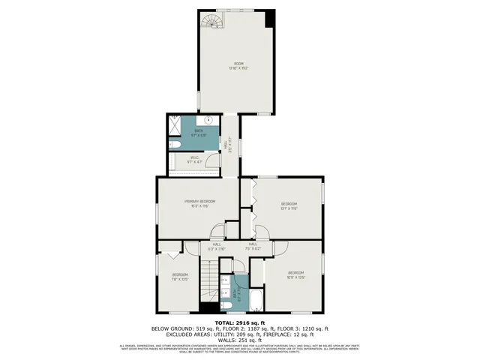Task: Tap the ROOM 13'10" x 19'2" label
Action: pyautogui.click(x=238, y=66)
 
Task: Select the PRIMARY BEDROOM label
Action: pyautogui.click(x=200, y=203)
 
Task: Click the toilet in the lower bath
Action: pyautogui.click(x=225, y=305)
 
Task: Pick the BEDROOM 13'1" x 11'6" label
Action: pyautogui.click(x=289, y=205)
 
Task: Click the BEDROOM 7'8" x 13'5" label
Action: pyautogui.click(x=180, y=277)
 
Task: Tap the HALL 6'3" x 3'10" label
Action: pyautogui.click(x=217, y=246)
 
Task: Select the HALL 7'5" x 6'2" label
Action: pyautogui.click(x=253, y=246)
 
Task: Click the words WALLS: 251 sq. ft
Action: pyautogui.click(x=240, y=339)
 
